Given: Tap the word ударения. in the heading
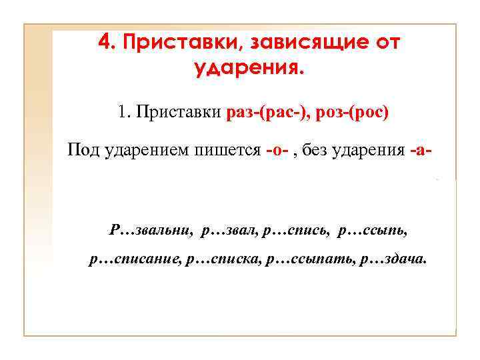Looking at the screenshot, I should pos(248,67).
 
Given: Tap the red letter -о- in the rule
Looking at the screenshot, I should pos(276,151).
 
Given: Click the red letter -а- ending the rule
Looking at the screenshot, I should pos(421,151).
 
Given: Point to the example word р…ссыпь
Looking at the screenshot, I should pos(372,231).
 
